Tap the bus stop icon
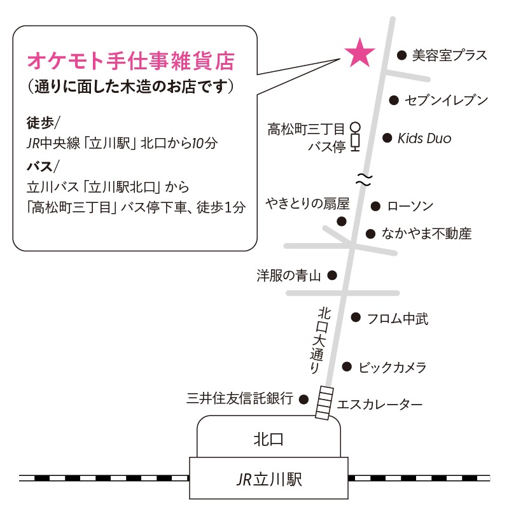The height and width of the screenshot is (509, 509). tap(355, 137)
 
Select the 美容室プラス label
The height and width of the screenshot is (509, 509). tap(449, 55)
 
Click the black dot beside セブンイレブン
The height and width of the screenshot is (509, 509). tap(394, 100)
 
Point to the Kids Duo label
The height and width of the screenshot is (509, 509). tap(424, 138)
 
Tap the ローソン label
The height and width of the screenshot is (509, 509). tap(410, 206)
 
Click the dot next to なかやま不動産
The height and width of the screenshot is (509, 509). tap(370, 234)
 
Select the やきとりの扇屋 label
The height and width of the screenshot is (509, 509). tap(308, 204)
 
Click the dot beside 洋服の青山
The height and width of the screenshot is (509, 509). tap(331, 275)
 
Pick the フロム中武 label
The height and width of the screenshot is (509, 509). tap(398, 319)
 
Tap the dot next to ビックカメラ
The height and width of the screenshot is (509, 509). tap(347, 366)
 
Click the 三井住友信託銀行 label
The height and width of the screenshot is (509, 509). tap(240, 399)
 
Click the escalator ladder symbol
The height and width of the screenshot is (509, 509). tap(325, 402)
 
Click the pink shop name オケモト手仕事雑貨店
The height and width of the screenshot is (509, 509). tap(131, 62)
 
